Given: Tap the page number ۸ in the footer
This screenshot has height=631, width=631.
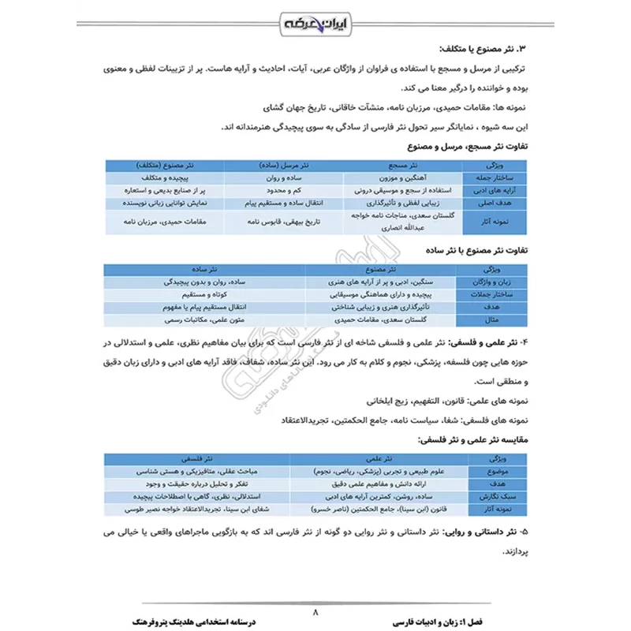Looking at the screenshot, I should (315, 610).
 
